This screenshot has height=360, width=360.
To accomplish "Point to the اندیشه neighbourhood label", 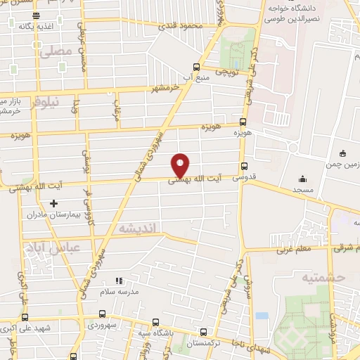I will (x=140, y=228).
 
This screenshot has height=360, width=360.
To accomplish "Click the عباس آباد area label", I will (x=50, y=247).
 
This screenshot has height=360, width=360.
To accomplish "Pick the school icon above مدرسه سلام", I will (x=119, y=281).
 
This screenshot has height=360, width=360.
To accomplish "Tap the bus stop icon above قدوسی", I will (x=244, y=167).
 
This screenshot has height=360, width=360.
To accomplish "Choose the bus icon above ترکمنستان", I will (x=204, y=331).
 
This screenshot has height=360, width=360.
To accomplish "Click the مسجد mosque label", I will (x=303, y=190).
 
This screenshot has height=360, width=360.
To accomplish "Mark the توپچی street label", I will (x=228, y=72).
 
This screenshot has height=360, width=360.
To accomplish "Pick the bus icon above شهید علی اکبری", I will (x=24, y=317).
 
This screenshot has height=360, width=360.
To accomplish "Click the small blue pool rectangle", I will (x=262, y=316).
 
